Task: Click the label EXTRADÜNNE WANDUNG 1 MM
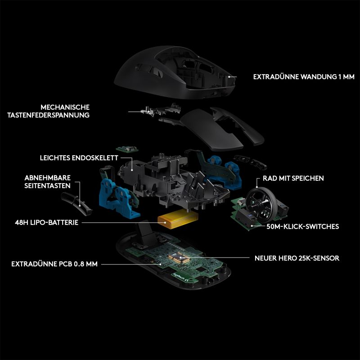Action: point(304,76)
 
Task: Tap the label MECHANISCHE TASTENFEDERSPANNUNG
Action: point(48,111)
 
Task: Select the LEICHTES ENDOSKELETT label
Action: point(79,158)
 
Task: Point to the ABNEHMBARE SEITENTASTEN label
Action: point(48,182)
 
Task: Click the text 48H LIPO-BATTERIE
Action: point(47,222)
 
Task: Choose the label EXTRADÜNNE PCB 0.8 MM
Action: point(54,264)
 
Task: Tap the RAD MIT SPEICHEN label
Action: point(293,178)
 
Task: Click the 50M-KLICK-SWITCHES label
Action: point(302,227)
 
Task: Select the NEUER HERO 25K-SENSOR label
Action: point(297,258)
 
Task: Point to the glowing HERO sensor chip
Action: point(179,258)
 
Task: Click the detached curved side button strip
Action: point(76,204)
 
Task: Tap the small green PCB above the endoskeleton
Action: point(127,149)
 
